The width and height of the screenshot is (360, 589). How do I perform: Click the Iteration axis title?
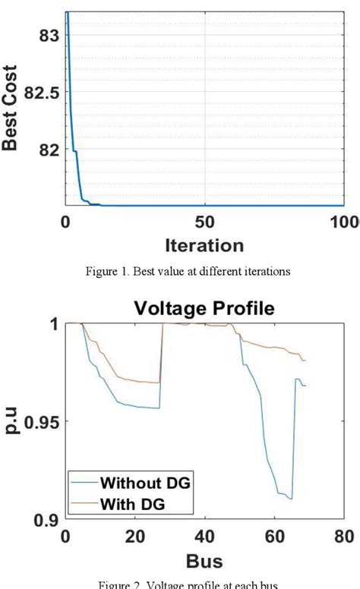click(x=204, y=245)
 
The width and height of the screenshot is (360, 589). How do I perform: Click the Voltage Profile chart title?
click(x=204, y=308)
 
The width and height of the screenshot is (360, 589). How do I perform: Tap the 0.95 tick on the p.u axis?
click(x=36, y=421)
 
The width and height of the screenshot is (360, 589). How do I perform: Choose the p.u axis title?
click(x=11, y=421)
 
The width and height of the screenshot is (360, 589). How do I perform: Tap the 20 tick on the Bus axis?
click(x=134, y=537)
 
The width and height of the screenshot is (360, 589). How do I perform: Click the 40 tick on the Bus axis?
click(x=204, y=537)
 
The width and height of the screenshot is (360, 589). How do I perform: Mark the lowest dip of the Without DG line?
click(x=291, y=499)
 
